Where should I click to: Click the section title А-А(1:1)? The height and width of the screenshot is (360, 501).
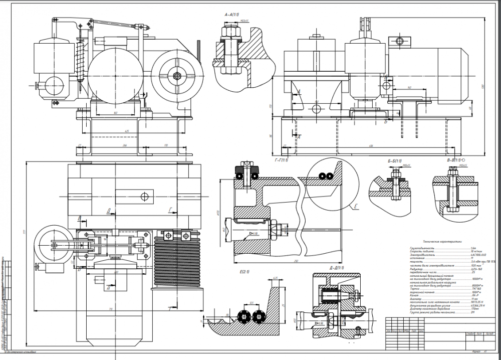tap(234, 16)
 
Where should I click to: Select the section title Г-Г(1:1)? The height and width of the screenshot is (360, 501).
tap(282, 160)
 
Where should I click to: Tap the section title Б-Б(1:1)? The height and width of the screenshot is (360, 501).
tap(395, 160)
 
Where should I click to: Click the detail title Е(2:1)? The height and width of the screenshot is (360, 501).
tap(245, 272)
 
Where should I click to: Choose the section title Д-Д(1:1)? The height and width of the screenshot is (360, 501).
tap(335, 267)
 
